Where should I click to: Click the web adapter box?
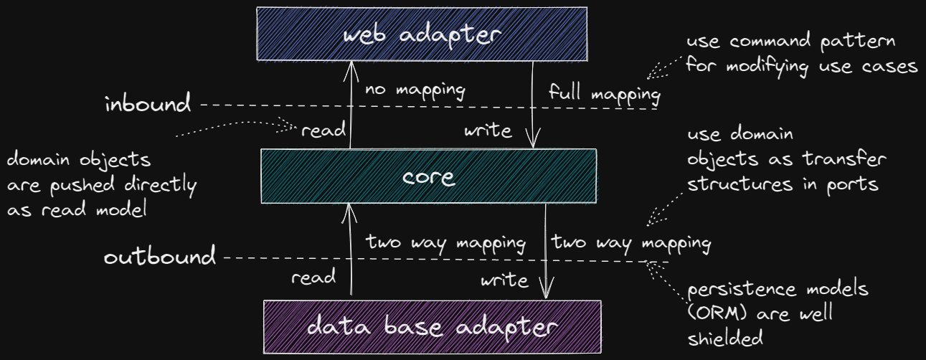(x=422, y=33)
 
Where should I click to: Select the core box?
(x=428, y=176)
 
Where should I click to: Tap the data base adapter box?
(x=432, y=327)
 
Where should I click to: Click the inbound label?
(x=148, y=105)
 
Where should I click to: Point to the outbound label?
(x=159, y=257)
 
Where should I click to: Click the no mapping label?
(x=415, y=91)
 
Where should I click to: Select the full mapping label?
(x=604, y=93)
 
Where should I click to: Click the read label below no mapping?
(x=323, y=131)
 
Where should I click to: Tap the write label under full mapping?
(x=488, y=131)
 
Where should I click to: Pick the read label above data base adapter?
(x=313, y=277)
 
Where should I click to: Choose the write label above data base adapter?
(x=504, y=279)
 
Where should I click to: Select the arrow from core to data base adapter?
(x=547, y=251)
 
